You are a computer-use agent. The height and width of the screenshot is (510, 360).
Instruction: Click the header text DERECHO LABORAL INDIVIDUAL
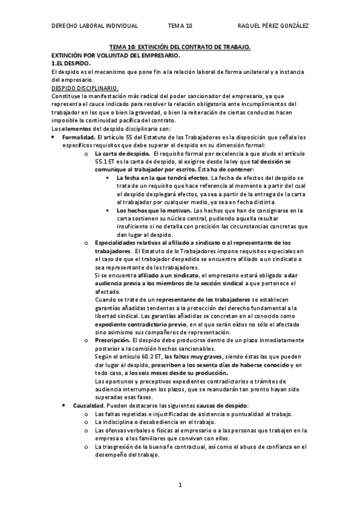[95, 26]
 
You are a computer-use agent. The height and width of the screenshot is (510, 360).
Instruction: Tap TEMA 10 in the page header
[180, 26]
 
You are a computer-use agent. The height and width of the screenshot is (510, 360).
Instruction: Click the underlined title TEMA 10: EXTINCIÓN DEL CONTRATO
[180, 47]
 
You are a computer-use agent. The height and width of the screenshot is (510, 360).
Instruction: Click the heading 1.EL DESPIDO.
[71, 63]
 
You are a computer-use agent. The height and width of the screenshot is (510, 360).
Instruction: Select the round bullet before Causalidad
[66, 407]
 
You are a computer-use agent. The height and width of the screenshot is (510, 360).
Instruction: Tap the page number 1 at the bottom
[180, 485]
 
